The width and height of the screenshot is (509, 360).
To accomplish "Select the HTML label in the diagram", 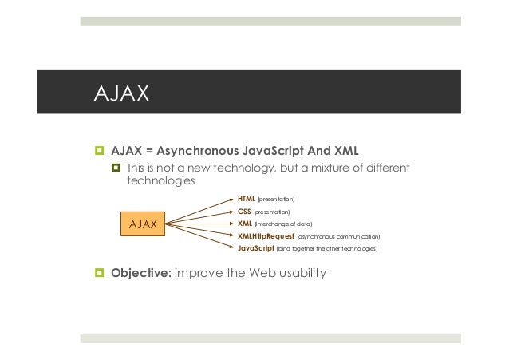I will click(x=247, y=197).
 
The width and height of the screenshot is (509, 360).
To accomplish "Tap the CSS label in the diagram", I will click(x=244, y=211).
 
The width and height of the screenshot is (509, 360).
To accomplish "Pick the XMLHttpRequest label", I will click(x=266, y=236).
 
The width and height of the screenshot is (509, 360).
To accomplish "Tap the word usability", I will click(x=298, y=275).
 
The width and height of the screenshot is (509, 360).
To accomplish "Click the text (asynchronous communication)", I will click(x=338, y=237).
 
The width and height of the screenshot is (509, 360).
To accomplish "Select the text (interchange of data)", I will click(x=284, y=224).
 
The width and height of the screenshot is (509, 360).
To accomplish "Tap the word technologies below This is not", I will click(x=160, y=182).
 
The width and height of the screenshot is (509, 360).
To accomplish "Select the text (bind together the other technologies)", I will click(x=326, y=249).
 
